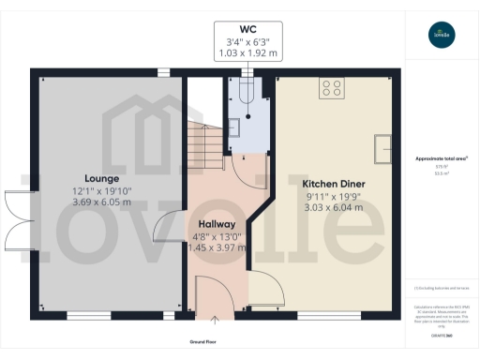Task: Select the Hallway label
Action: [x=218, y=224]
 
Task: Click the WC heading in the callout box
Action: [x=247, y=27]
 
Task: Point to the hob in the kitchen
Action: [x=331, y=89]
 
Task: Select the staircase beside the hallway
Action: [x=206, y=141]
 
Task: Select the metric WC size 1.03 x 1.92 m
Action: [x=247, y=53]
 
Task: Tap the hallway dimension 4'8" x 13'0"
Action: [x=218, y=237]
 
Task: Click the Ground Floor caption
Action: [x=217, y=342]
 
